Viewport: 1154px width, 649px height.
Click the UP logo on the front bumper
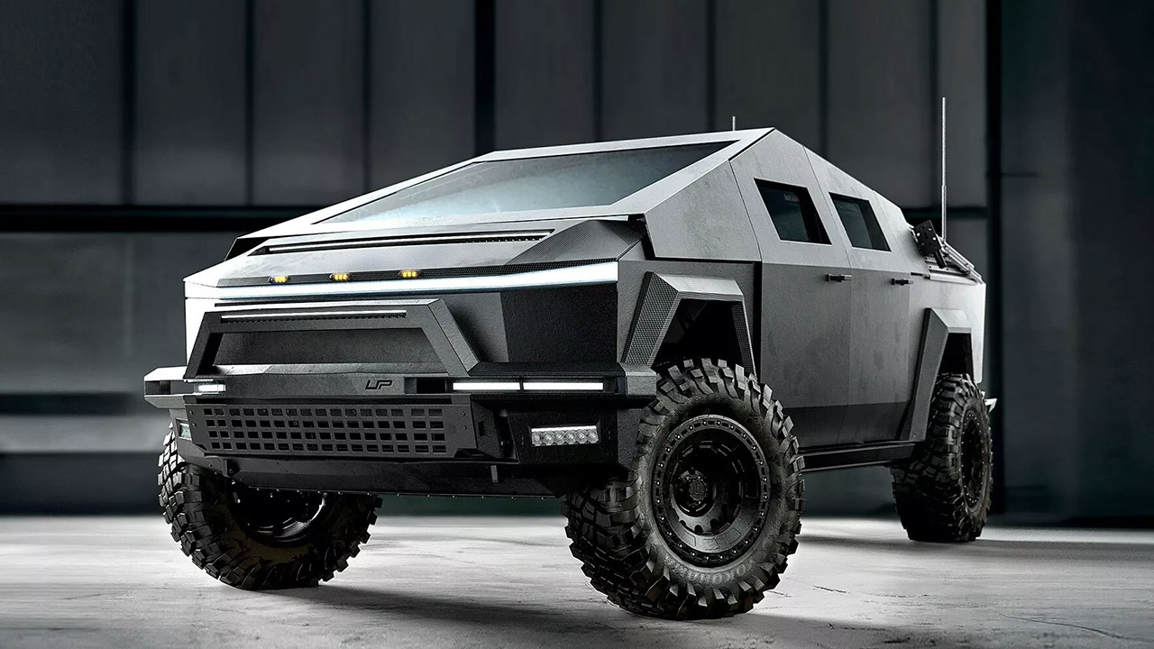(x=379, y=384)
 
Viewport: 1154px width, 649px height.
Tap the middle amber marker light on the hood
(x=341, y=277)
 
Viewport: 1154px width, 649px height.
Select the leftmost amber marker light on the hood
(x=279, y=279)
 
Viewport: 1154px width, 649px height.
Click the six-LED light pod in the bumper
(x=564, y=435)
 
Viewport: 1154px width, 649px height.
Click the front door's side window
(x=790, y=212)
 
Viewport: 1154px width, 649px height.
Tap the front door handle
(x=838, y=278)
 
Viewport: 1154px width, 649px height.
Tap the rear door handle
(x=901, y=281)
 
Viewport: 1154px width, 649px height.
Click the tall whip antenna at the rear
(x=943, y=162)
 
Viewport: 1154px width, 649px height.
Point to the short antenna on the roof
(x=733, y=123)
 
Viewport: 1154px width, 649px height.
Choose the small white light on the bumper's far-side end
(x=209, y=388)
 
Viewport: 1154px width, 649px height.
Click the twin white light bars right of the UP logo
(x=527, y=386)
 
